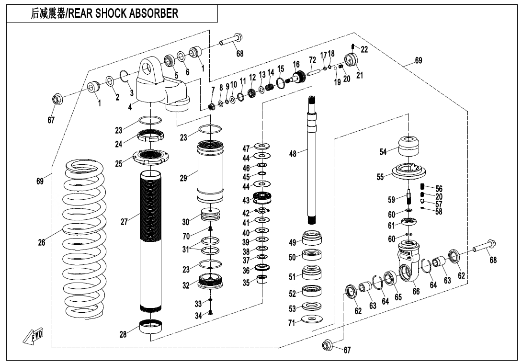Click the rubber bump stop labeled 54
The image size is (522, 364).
[x=409, y=146]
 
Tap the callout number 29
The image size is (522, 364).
[x=183, y=178]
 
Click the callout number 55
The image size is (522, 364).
[x=380, y=177]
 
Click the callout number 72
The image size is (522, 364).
[x=312, y=60]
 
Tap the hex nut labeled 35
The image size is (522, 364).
[x=262, y=280]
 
